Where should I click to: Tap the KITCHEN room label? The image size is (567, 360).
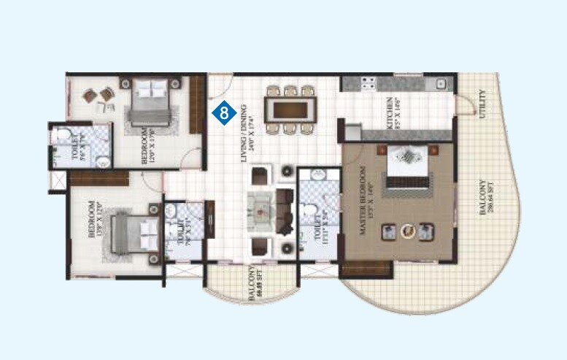393,113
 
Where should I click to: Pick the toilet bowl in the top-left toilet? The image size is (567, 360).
63,136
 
